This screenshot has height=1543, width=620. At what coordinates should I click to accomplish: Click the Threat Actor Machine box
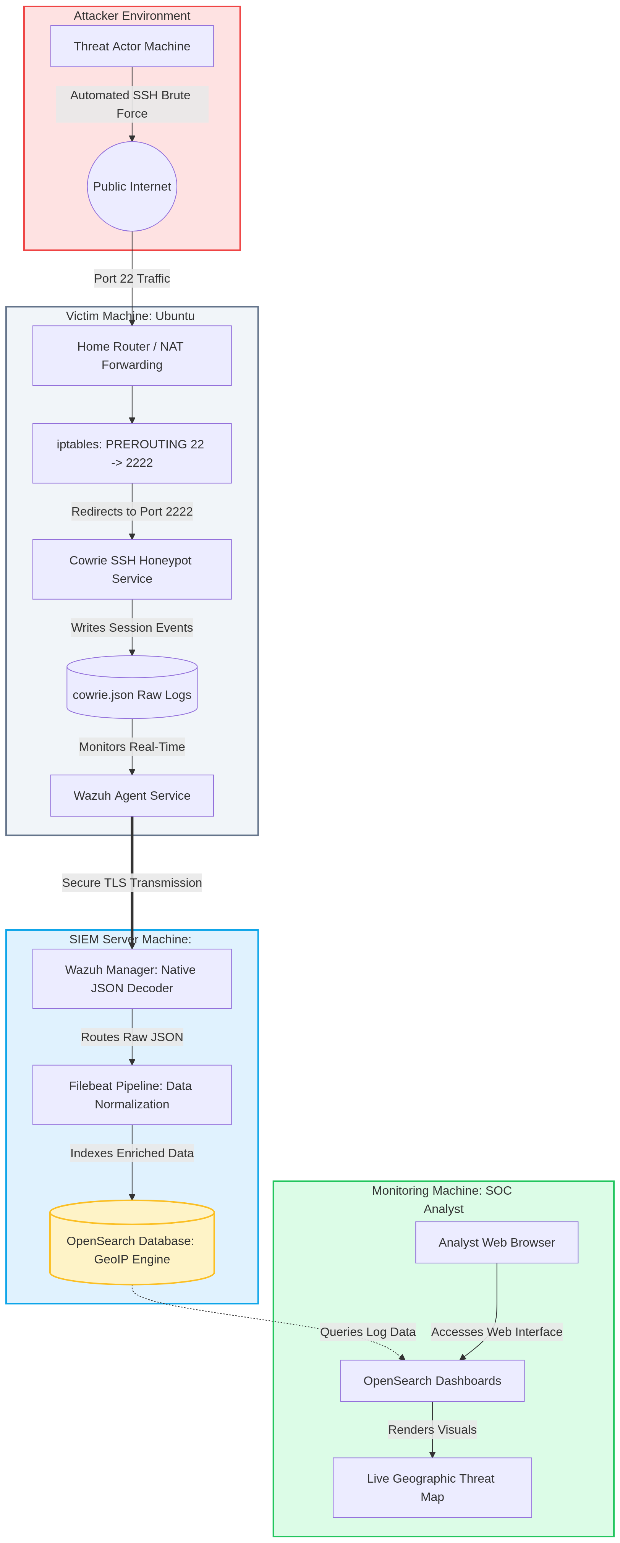[132, 46]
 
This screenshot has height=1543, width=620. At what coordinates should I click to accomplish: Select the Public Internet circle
[132, 186]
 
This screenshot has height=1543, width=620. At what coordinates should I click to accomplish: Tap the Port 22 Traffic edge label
[132, 278]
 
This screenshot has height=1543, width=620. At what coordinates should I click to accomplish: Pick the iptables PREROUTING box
[132, 453]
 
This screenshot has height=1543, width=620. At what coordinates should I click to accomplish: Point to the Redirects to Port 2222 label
[132, 511]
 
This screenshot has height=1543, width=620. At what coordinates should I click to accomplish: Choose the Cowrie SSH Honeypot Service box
[132, 569]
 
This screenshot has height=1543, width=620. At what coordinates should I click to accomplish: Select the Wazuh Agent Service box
[132, 796]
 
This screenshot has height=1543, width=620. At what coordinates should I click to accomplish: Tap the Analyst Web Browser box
[497, 1242]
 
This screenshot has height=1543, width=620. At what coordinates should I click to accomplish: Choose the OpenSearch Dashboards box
[432, 1381]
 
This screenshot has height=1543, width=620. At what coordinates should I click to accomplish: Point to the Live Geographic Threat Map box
[432, 1487]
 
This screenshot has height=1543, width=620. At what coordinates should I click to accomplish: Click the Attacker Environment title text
[132, 16]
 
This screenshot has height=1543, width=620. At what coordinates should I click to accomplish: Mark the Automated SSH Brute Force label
[132, 104]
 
